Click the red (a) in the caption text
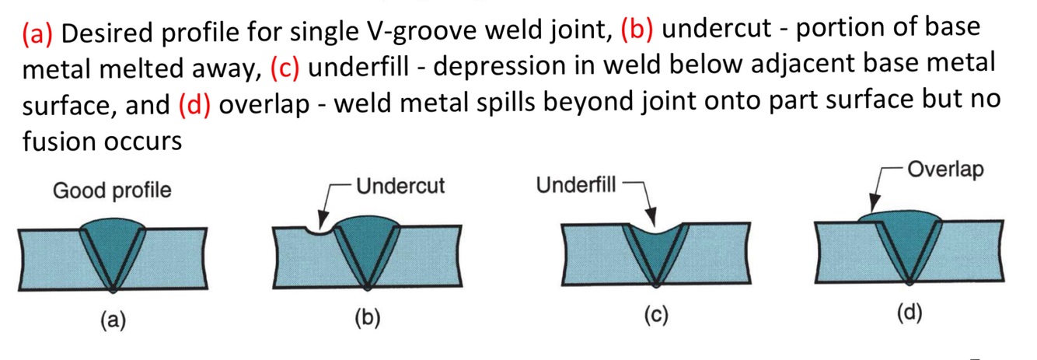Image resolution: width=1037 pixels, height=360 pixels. (x=38, y=33)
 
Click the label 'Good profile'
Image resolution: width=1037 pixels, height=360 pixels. (x=112, y=190)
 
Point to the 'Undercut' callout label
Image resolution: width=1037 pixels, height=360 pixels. (x=400, y=187)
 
